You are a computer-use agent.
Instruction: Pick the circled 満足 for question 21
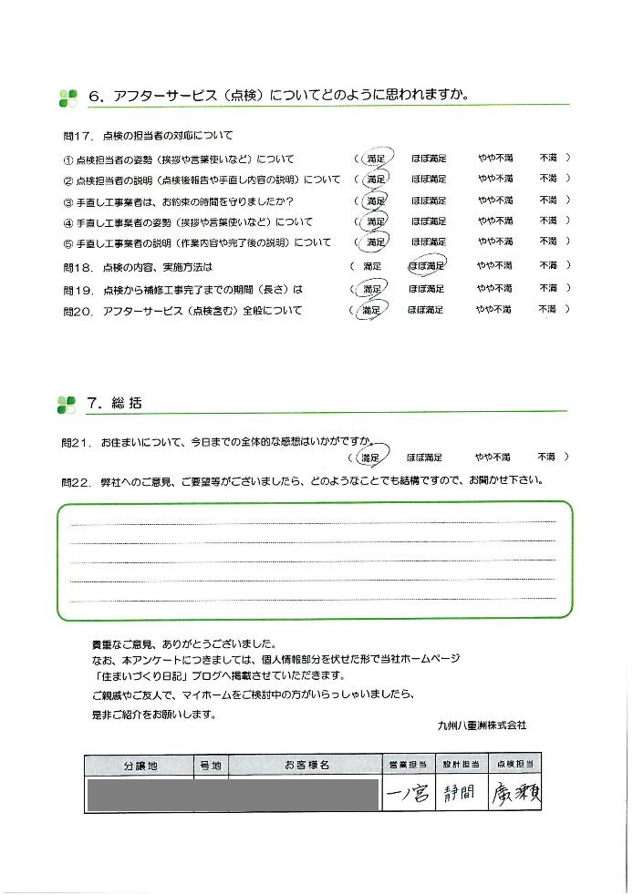[x=369, y=457]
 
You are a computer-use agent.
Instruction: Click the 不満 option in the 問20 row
[x=547, y=310]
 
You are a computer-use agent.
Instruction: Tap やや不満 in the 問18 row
[x=493, y=266]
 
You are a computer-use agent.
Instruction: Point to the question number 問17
[x=78, y=136]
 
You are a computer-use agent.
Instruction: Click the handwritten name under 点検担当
[x=516, y=794]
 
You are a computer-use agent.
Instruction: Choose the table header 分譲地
[x=140, y=766]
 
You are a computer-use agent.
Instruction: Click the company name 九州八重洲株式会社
[x=482, y=725]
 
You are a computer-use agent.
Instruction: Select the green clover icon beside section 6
[x=67, y=96]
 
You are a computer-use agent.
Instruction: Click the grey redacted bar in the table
[x=232, y=796]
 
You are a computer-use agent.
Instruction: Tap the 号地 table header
[x=210, y=766]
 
